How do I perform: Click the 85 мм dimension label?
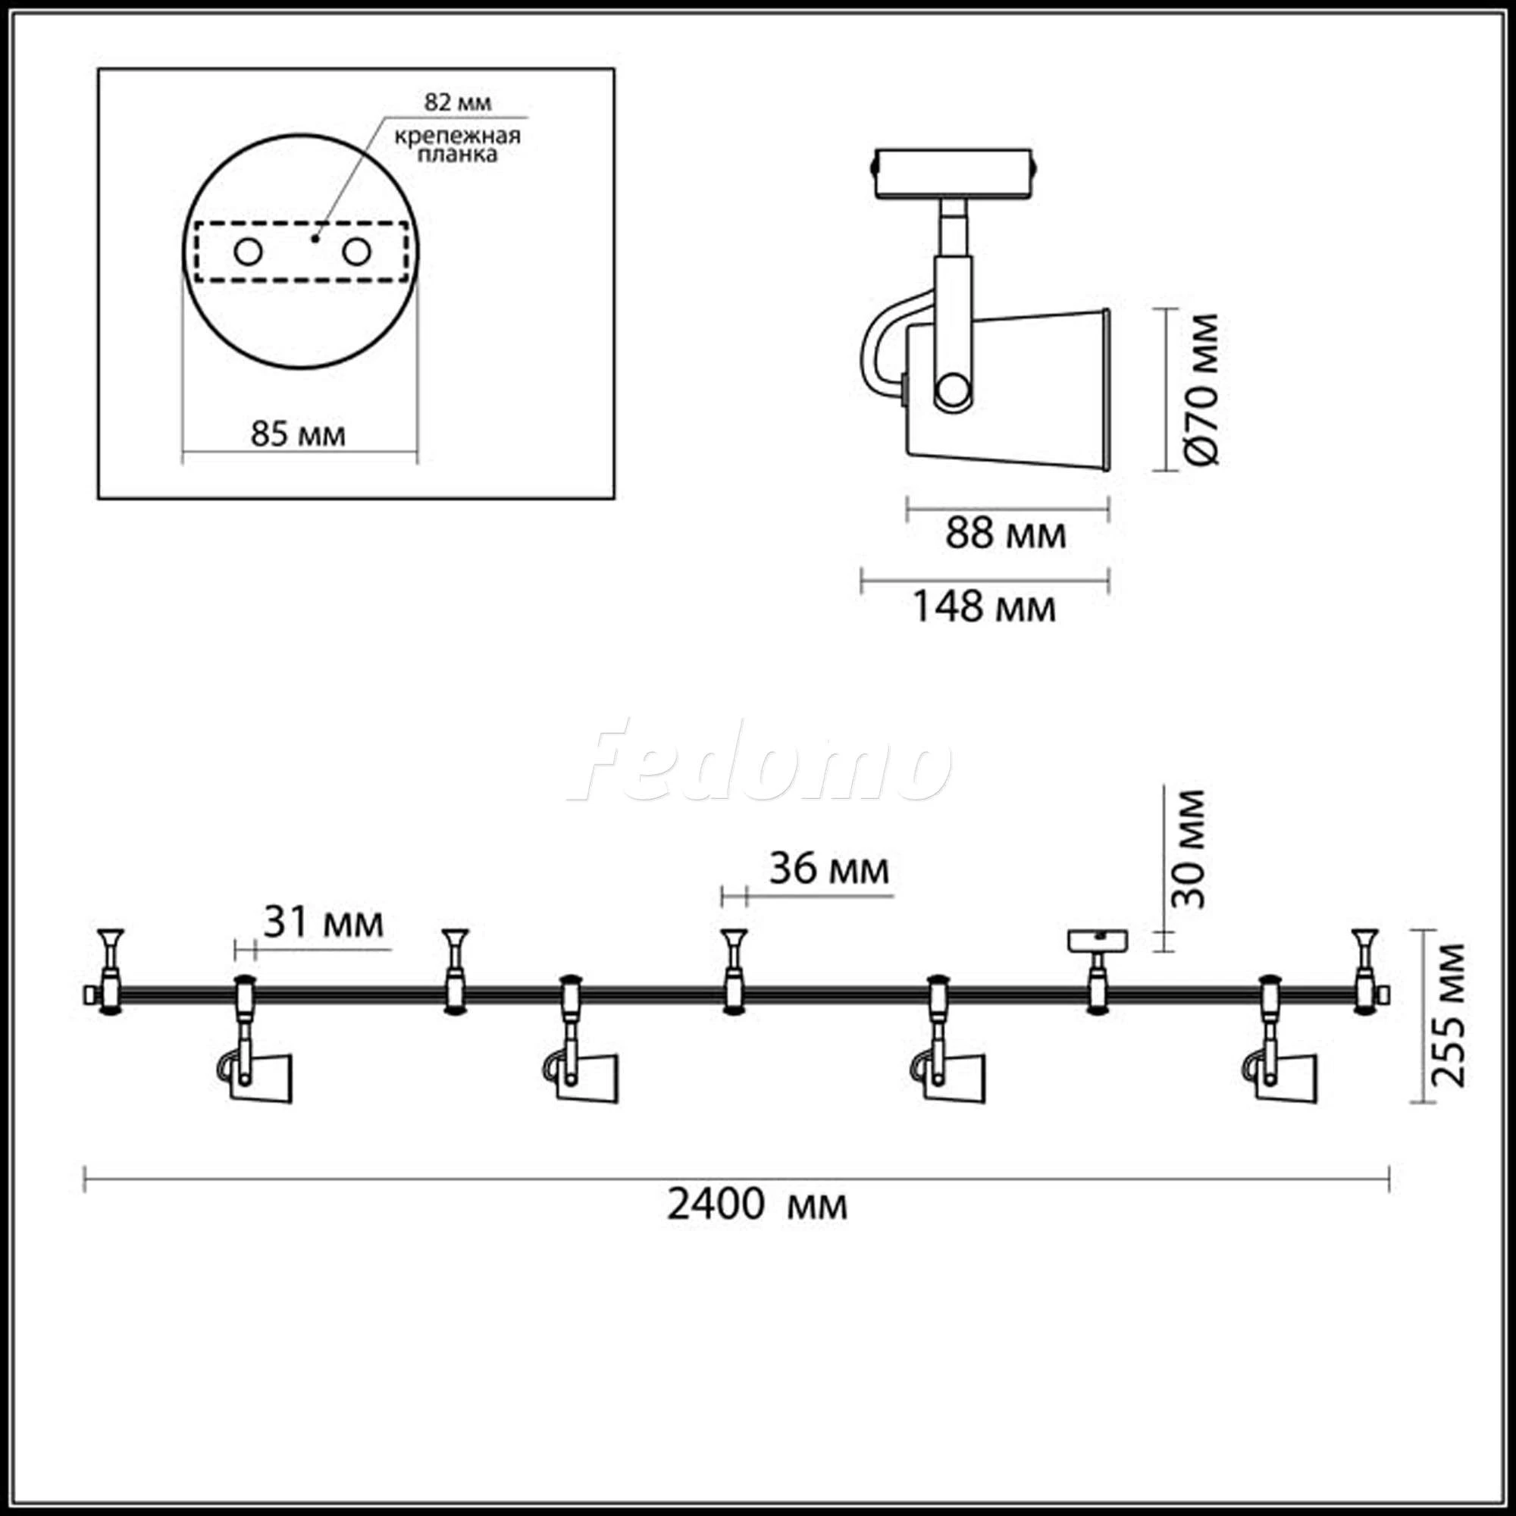298,434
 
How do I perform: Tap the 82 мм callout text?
459,102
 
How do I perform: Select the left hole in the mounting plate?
248,252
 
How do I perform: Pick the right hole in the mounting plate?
356,252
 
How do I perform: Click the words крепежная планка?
458,146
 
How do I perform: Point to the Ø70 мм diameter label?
1201,389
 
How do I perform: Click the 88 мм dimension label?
1006,534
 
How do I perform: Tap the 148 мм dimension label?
984,606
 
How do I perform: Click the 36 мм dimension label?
829,869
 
